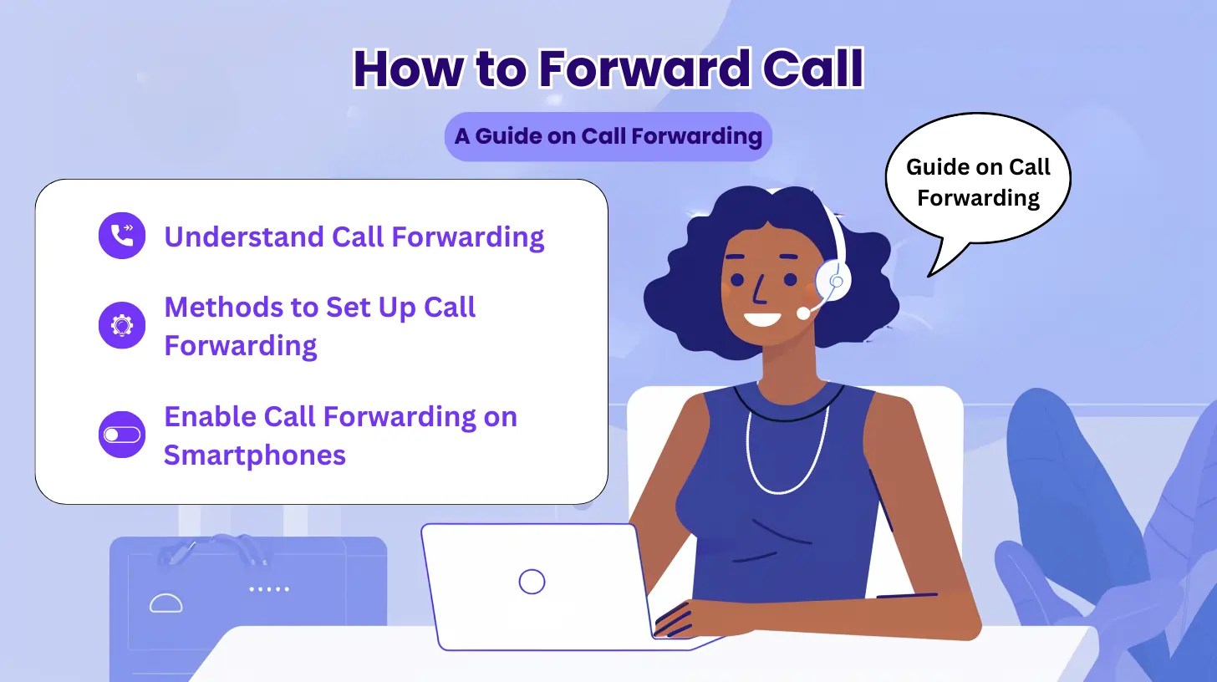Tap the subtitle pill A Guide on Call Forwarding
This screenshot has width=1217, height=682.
point(608,136)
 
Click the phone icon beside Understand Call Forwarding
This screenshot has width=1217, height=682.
point(122,236)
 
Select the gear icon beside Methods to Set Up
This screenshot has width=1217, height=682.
point(122,325)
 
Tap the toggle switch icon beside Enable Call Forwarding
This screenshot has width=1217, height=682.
point(122,435)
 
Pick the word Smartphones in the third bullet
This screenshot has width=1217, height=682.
point(254,455)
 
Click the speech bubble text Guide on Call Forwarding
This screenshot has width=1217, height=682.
point(978,182)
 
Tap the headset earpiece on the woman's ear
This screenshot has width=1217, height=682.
point(833,279)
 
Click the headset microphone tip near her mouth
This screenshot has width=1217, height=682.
point(803,313)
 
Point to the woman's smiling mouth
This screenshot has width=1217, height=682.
point(762,318)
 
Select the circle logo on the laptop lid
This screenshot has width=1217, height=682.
point(532,581)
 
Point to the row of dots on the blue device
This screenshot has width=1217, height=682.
point(269,588)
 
